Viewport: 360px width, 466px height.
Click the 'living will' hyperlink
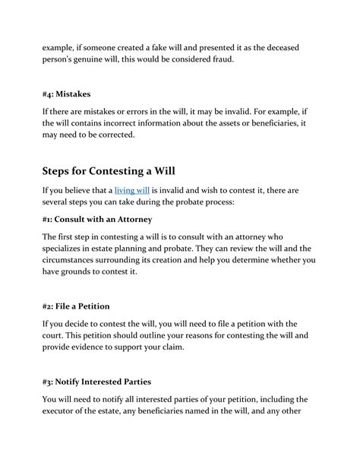[131, 189]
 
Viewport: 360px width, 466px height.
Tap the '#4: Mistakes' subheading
[67, 94]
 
